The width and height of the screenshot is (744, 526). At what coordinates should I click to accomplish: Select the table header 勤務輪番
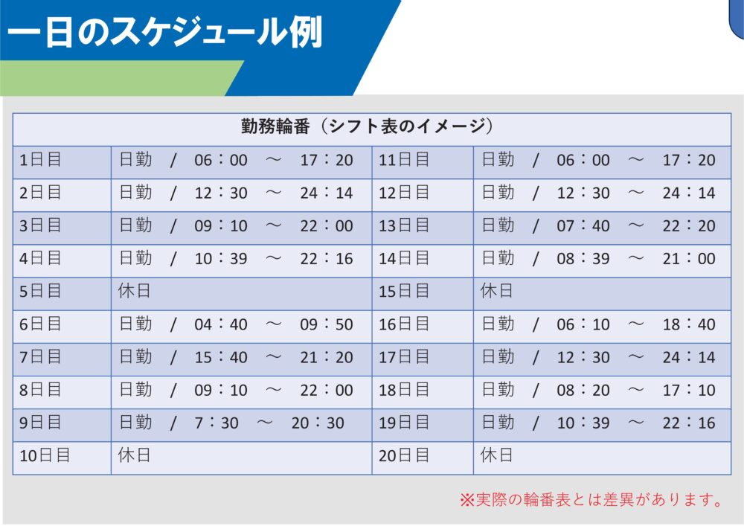(367, 126)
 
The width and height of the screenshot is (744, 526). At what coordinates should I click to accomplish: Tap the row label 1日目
(41, 160)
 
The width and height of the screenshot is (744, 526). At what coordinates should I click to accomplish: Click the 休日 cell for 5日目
(135, 291)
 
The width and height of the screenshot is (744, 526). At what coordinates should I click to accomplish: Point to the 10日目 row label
(45, 455)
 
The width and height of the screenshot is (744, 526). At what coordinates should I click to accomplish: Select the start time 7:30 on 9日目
(217, 423)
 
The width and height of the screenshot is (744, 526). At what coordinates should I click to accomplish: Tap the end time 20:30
(318, 423)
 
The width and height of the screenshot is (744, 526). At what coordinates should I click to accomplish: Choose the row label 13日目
(404, 225)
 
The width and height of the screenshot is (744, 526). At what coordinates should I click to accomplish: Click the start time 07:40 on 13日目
(583, 225)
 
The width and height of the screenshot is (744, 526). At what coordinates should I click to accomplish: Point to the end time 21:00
(689, 258)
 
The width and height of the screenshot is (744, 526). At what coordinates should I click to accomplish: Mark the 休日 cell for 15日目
(497, 291)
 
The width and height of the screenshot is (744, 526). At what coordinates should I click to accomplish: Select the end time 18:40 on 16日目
(689, 324)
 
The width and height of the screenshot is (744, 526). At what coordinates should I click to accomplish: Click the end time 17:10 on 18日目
(689, 390)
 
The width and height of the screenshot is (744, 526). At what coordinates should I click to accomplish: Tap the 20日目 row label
(404, 455)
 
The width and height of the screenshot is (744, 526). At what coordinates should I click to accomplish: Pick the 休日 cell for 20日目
(497, 455)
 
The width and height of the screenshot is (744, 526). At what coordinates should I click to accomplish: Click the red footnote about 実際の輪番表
(591, 499)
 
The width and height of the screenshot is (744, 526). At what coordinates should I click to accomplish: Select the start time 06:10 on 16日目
(583, 324)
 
